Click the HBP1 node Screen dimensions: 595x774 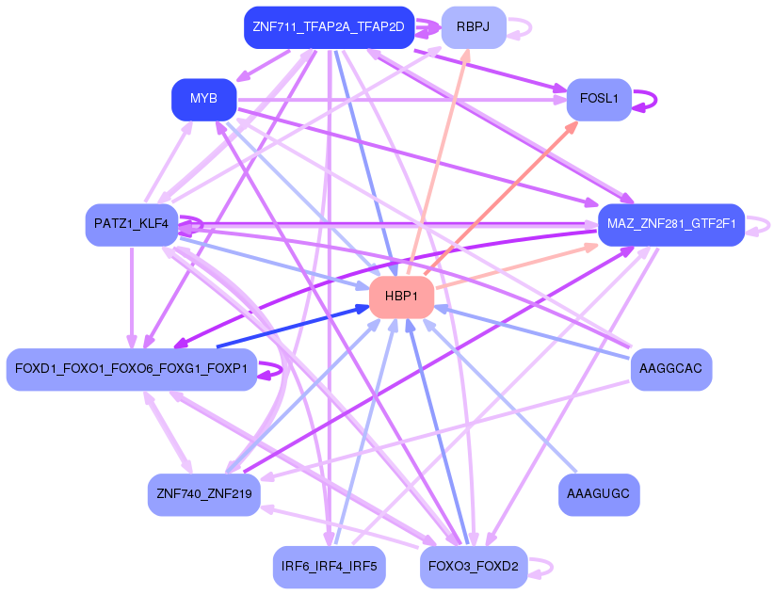(x=401, y=297)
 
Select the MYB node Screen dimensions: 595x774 (x=203, y=99)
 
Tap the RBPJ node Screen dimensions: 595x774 (x=474, y=27)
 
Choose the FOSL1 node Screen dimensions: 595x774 (x=598, y=99)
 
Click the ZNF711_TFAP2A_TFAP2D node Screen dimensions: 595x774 (x=329, y=27)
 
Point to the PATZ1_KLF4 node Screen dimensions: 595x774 (x=131, y=224)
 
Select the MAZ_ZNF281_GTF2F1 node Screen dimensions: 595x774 (x=670, y=225)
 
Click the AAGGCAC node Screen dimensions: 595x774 (x=670, y=369)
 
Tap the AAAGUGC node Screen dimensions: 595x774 (x=599, y=494)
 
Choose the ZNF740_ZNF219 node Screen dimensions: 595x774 (x=203, y=494)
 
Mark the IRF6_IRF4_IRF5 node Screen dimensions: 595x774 (x=329, y=566)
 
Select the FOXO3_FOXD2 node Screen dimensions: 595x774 (x=474, y=566)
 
